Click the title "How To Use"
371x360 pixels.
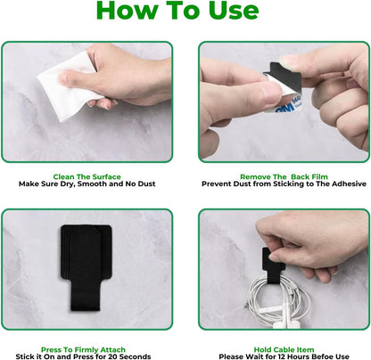point(177,11)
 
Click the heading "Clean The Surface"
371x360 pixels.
point(87,177)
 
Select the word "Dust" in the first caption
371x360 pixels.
point(146,184)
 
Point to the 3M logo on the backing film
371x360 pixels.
point(284,110)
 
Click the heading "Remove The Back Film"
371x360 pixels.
point(284,177)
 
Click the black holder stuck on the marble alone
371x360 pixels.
point(87,267)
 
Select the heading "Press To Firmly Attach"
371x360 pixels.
point(83,349)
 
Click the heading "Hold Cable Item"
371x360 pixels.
point(284,349)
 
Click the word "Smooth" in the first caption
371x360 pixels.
point(92,184)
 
